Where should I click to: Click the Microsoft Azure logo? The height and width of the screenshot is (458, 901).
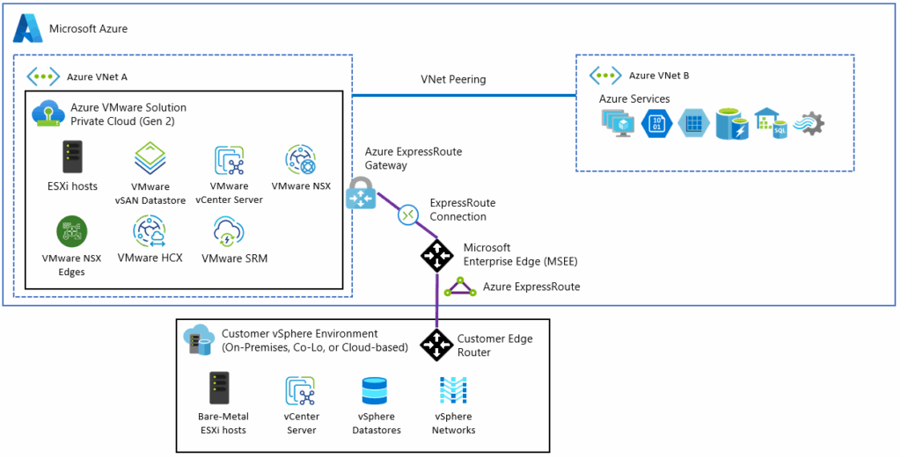[27, 28]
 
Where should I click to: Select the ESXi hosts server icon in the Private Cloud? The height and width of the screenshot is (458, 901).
[72, 157]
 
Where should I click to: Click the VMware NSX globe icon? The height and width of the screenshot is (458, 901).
[301, 160]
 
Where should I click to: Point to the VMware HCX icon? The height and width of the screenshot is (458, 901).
[150, 232]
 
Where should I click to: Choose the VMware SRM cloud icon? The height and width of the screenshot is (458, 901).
[230, 233]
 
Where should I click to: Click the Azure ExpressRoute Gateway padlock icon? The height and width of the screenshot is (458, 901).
[361, 193]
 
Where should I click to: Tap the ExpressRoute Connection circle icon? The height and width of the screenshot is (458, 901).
[408, 214]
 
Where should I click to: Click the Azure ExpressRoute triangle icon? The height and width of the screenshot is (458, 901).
[460, 287]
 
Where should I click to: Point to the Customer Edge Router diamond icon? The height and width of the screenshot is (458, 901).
[436, 345]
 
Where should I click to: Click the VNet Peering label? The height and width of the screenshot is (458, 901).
[453, 79]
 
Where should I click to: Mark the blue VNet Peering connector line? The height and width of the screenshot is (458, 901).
[465, 95]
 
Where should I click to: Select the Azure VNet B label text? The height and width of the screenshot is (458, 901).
[659, 76]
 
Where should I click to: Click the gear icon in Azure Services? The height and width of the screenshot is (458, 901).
[809, 123]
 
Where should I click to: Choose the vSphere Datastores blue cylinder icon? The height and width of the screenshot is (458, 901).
[376, 391]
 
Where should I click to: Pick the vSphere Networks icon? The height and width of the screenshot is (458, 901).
[453, 391]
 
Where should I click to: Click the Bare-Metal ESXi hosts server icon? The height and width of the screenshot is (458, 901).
[219, 389]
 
